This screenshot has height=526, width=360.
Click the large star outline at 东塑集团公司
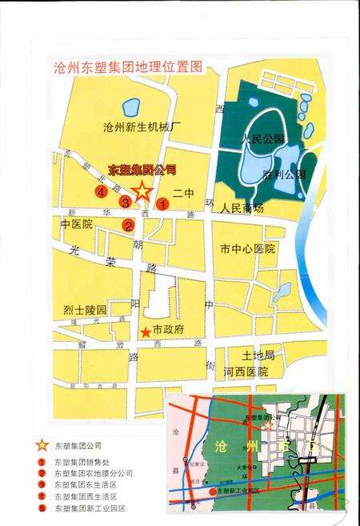142,191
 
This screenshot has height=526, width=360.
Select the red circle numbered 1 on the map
162,203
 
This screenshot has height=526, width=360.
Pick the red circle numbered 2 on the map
128,225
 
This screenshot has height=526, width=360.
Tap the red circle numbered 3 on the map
125,202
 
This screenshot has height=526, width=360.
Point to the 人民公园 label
263,139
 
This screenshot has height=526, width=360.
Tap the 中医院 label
77,225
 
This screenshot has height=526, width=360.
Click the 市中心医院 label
247,250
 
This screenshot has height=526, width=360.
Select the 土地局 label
258,355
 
